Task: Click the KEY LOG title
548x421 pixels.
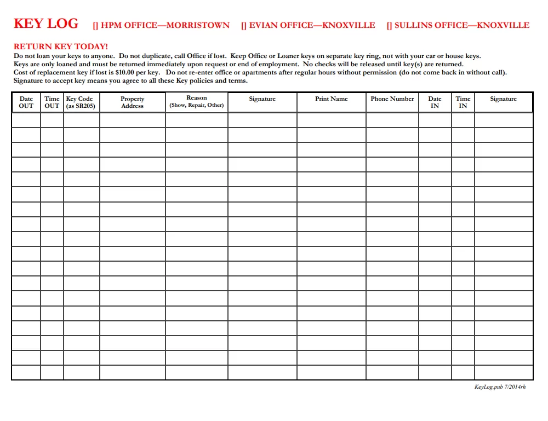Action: [46, 24]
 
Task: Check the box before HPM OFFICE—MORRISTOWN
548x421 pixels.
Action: [95, 26]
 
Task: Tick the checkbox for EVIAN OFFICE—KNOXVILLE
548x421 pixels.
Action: [243, 26]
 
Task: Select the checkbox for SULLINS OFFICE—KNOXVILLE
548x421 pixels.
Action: [389, 26]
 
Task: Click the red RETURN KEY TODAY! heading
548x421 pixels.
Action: [61, 47]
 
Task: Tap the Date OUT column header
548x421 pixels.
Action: [26, 102]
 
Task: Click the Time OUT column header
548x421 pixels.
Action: [52, 102]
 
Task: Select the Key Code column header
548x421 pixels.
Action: [81, 102]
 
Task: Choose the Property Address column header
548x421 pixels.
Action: [132, 102]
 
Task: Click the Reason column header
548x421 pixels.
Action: [197, 102]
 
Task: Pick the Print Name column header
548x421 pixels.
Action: [332, 99]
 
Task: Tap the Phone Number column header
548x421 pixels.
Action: [392, 99]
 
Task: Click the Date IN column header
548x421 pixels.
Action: [435, 102]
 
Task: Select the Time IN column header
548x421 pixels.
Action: [463, 102]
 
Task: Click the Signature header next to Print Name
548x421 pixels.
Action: [262, 99]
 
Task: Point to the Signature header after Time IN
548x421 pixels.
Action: [503, 99]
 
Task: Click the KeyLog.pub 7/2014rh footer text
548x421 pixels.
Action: [500, 387]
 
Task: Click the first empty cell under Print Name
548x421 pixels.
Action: [332, 120]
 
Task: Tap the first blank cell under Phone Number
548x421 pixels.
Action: [392, 120]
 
